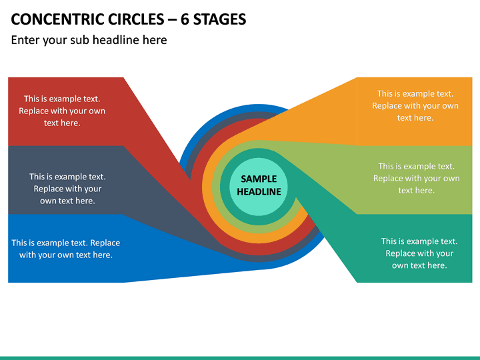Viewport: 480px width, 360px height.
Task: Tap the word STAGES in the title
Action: tap(219, 19)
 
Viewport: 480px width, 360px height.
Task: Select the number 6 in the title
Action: tap(184, 19)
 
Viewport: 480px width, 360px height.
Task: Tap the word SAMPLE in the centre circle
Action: tap(259, 179)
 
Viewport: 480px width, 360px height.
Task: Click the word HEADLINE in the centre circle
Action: tap(259, 191)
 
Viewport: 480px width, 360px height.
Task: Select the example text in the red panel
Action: tap(62, 111)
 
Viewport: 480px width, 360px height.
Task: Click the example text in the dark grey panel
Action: tap(67, 189)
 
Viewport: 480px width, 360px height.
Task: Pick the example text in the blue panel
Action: tap(66, 249)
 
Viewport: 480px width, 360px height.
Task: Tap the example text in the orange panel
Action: tap(415, 105)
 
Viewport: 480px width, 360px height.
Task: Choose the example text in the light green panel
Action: tap(416, 178)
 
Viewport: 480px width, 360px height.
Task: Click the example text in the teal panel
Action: tap(419, 253)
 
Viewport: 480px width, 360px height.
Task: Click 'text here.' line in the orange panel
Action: tap(415, 118)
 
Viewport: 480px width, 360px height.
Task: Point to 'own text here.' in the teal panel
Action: tap(419, 265)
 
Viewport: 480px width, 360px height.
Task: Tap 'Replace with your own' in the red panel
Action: tap(62, 111)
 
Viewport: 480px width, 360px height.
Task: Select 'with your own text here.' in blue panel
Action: tap(66, 255)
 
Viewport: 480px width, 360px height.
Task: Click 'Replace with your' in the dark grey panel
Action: tap(67, 189)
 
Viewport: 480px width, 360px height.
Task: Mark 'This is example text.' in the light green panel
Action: tap(416, 166)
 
